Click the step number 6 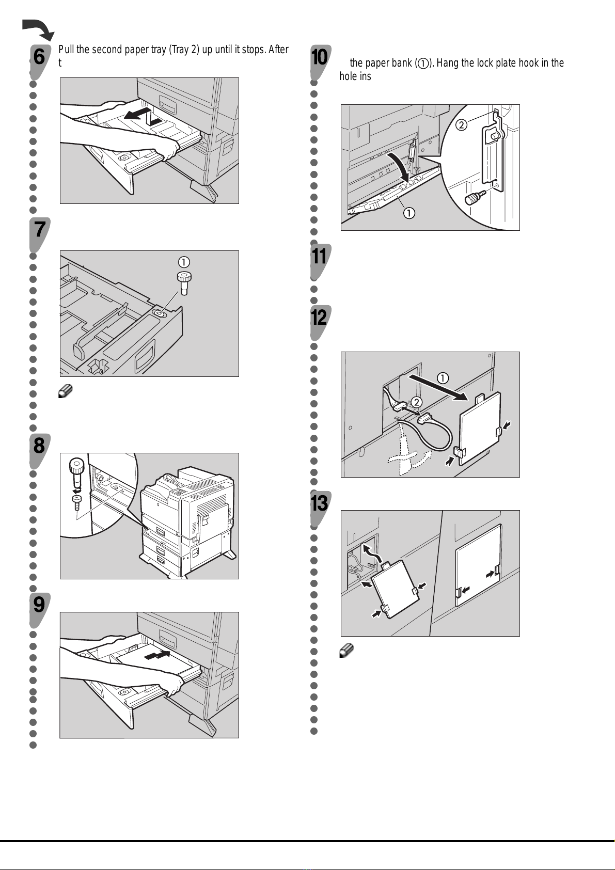39,57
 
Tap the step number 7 39,229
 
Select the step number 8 39,445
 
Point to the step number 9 39,604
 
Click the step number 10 320,57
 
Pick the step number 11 320,256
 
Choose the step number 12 320,317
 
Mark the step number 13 320,502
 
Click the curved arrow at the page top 38,29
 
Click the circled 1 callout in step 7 183,262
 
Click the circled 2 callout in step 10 462,124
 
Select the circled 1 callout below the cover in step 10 409,213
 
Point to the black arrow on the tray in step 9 158,655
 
